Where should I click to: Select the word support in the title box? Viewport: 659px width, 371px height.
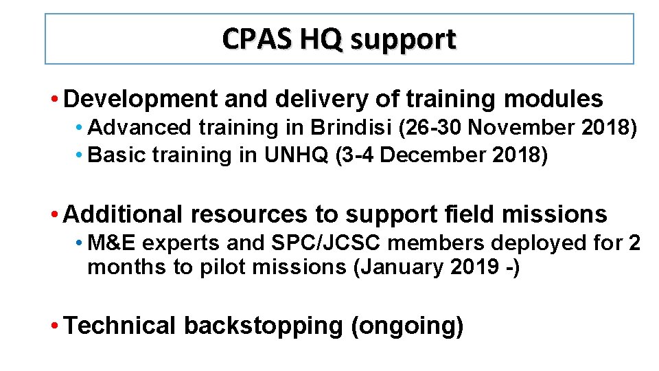pos(403,41)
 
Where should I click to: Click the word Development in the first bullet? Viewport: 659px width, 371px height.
pos(140,100)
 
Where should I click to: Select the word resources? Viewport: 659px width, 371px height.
pos(249,215)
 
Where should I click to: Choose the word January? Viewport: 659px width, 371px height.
pos(411,267)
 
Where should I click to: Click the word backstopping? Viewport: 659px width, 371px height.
pos(263,326)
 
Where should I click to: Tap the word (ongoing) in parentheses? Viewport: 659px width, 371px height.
pos(407,326)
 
